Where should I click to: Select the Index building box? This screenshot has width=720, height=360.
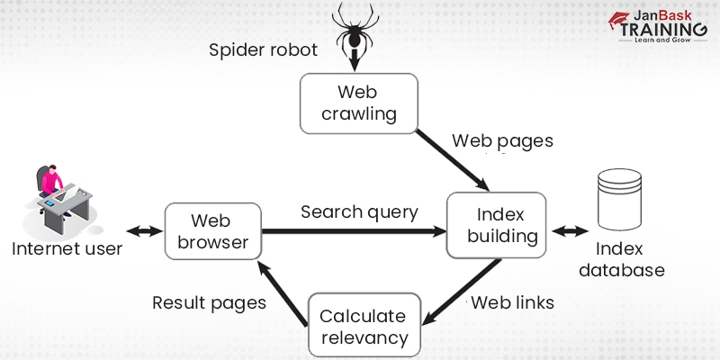pyautogui.click(x=497, y=227)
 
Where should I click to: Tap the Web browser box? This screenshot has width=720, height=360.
pyautogui.click(x=212, y=230)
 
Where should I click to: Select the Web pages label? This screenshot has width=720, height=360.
pyautogui.click(x=502, y=140)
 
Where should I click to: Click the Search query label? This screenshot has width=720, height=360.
pyautogui.click(x=359, y=212)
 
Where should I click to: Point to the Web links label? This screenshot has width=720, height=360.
pyautogui.click(x=512, y=301)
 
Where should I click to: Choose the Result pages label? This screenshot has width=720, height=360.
pyautogui.click(x=209, y=302)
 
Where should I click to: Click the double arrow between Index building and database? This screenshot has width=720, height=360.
pyautogui.click(x=568, y=232)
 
